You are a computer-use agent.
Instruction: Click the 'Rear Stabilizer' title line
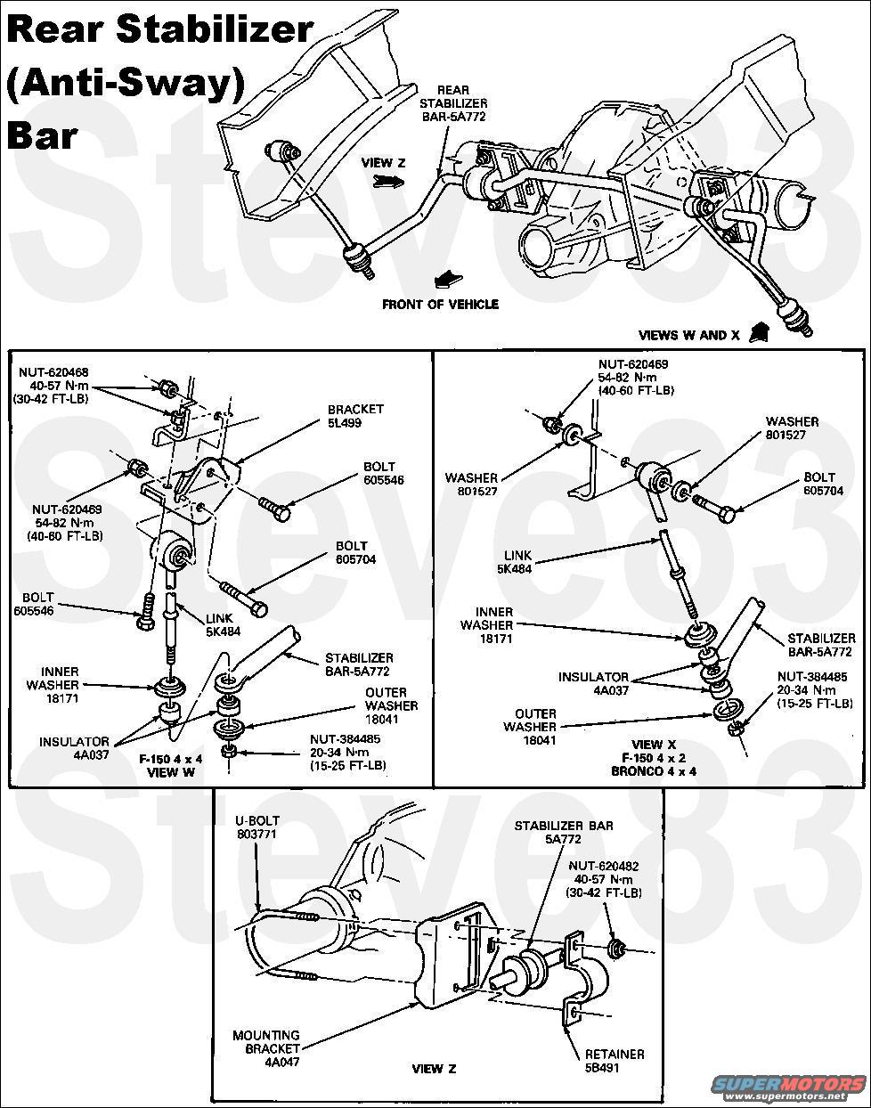(x=160, y=31)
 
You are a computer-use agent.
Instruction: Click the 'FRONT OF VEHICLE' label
(x=440, y=305)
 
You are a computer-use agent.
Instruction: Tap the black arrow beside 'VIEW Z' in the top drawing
(x=386, y=181)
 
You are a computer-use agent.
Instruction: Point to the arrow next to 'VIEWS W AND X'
(x=759, y=332)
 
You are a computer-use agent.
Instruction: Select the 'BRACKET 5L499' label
(x=354, y=416)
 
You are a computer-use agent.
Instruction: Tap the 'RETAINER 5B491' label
(x=615, y=1061)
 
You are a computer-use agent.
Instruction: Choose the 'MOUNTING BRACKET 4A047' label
(x=266, y=1049)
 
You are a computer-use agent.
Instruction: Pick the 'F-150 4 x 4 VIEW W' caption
(x=171, y=765)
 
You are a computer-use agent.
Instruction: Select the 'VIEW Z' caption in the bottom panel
(x=435, y=1069)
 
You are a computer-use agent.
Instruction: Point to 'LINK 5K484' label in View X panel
(x=514, y=561)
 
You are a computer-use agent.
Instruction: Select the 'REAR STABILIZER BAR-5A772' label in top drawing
(x=453, y=103)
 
